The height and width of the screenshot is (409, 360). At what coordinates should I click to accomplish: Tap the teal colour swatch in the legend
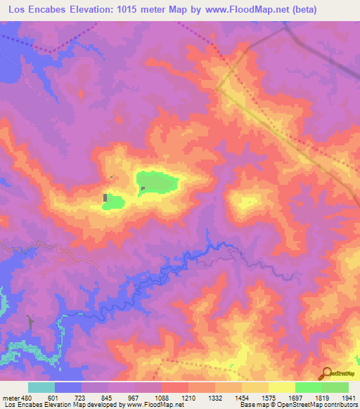pos(41,387)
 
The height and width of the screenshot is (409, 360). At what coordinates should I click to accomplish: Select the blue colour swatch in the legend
pos(68,387)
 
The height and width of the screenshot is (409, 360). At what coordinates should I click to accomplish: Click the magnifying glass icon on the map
pos(325,373)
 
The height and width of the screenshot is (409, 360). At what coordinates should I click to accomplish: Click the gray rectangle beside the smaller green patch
pos(106,198)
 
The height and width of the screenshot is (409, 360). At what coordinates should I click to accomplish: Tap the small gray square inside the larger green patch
pos(143,188)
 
